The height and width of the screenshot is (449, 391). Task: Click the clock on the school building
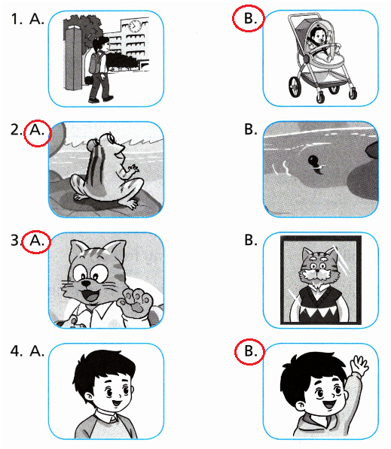click(x=135, y=26)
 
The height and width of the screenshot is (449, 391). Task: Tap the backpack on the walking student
click(x=94, y=64)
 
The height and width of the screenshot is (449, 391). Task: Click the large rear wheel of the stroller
click(x=295, y=86)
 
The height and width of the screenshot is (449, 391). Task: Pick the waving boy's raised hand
click(x=359, y=365)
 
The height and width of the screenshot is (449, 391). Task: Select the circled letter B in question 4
click(x=250, y=351)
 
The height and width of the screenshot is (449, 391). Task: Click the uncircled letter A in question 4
click(x=37, y=350)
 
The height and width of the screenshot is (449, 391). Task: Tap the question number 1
click(x=17, y=19)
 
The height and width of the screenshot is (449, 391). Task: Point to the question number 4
click(x=17, y=350)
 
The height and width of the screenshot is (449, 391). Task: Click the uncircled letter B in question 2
click(x=250, y=129)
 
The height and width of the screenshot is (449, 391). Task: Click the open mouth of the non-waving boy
click(x=117, y=403)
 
